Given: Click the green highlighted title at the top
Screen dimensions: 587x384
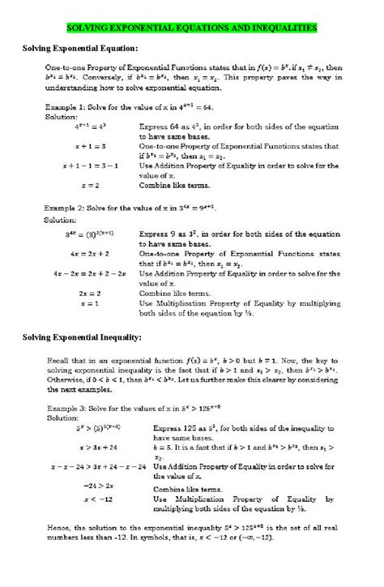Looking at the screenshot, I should point(191,28).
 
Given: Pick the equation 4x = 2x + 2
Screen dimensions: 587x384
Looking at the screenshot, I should point(89,253).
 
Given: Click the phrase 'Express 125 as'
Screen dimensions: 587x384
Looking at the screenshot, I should point(180,427).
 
